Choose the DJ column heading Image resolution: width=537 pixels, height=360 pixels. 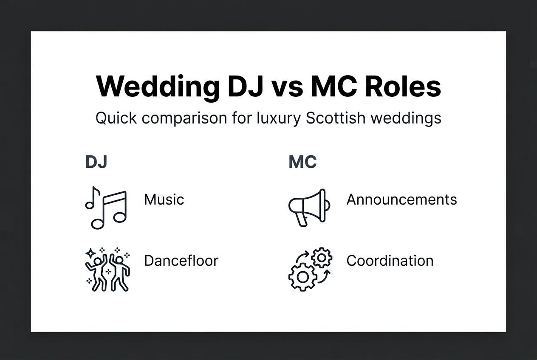pos(96,162)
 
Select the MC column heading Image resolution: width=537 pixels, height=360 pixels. pos(302,162)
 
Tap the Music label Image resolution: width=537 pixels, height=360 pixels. pos(164,199)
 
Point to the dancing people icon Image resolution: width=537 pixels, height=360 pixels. pos(107,270)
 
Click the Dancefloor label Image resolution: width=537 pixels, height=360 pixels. pos(181,260)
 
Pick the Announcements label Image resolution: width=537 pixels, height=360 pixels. pos(401,199)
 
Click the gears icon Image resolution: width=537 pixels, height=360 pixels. pos(310,269)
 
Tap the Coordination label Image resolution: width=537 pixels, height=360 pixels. pos(390,260)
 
